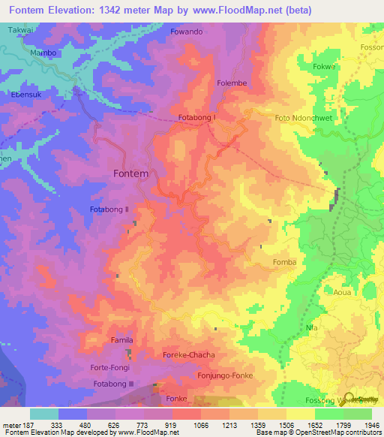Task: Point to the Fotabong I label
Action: click(197, 117)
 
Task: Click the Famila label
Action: click(121, 340)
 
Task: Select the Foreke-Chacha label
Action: click(189, 354)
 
